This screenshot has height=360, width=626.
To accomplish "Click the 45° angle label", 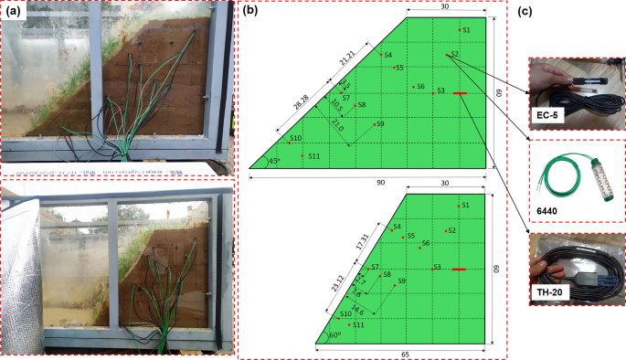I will coord(271,161).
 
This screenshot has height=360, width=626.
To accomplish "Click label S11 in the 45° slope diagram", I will coord(313,156).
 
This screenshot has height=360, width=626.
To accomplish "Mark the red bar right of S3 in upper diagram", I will coord(459,93).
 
